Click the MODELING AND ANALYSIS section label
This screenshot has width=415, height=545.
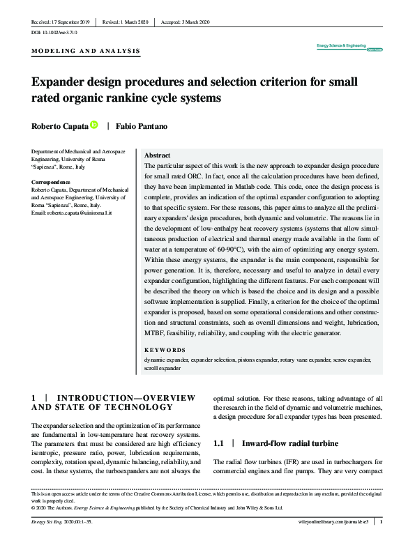coord(86,51)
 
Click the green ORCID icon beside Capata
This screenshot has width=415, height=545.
coord(94,125)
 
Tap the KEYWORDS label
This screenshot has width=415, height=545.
coord(165,350)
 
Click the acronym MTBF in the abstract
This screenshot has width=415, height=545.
coord(157,333)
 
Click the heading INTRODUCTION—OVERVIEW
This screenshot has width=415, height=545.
coord(115,397)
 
